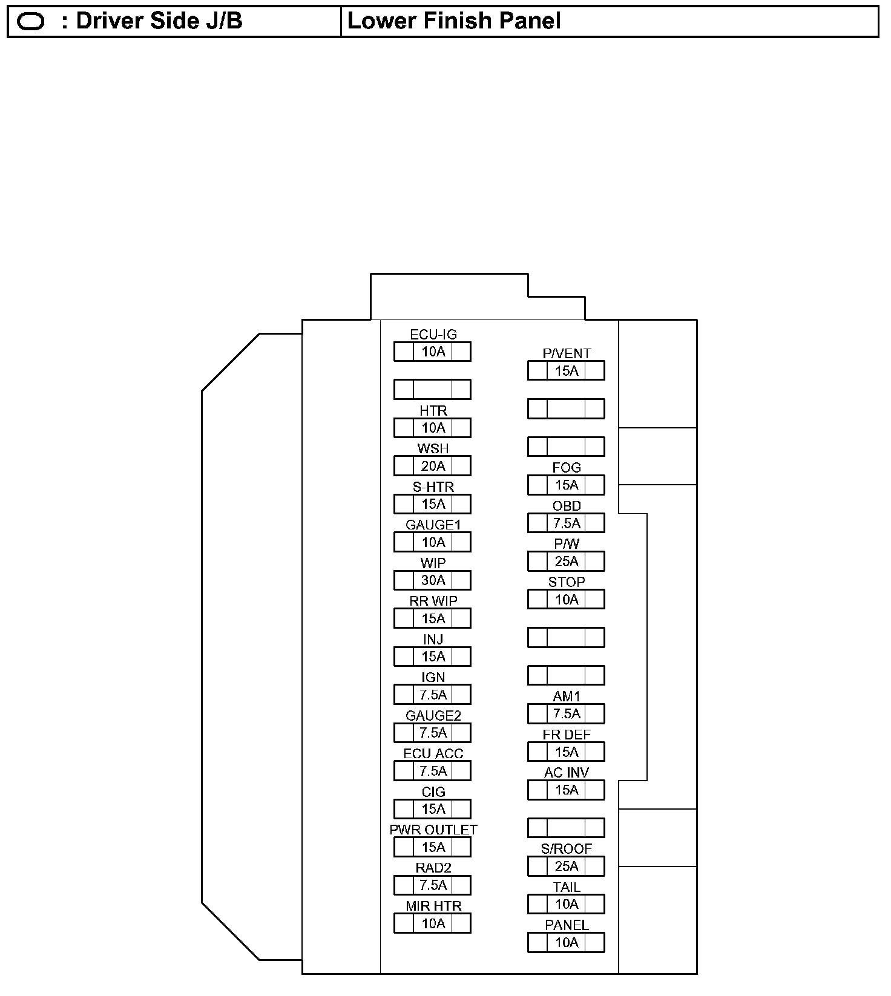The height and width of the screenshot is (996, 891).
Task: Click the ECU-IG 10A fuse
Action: [432, 352]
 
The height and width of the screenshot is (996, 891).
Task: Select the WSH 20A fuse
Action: [432, 466]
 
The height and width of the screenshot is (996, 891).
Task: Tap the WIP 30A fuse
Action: [432, 580]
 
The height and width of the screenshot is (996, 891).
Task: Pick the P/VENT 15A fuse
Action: [566, 370]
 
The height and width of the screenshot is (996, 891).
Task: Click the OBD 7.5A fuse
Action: [566, 523]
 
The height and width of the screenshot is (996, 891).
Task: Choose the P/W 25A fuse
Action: [566, 561]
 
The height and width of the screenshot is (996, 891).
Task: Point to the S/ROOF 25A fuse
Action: [566, 866]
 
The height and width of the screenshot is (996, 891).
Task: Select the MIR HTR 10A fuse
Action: [432, 923]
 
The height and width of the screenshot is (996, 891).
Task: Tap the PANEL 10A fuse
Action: [566, 942]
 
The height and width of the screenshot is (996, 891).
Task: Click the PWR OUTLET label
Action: [433, 830]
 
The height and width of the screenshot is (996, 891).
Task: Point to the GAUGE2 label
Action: [433, 715]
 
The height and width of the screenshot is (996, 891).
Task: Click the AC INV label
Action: [567, 772]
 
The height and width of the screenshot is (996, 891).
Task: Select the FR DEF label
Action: [567, 734]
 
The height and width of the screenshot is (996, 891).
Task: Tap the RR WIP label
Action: [433, 601]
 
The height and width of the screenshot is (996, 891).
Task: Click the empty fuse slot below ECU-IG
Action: [432, 389]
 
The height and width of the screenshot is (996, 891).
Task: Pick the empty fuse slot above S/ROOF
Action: [566, 828]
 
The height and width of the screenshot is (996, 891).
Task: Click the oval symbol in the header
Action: [31, 22]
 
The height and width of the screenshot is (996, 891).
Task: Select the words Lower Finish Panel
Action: [454, 21]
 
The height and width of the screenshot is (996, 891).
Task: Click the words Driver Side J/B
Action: [159, 21]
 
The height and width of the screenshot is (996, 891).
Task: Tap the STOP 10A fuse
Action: [566, 599]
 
